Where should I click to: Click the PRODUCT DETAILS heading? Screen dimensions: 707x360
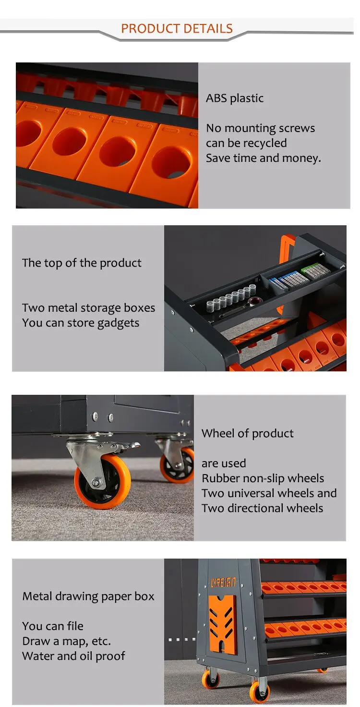(x=177, y=28)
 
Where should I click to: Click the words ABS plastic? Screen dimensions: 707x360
(x=235, y=98)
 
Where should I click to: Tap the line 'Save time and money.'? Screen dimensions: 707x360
(x=264, y=158)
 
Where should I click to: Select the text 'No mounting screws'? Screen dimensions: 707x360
(x=261, y=128)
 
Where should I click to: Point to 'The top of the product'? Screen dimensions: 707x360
(x=82, y=263)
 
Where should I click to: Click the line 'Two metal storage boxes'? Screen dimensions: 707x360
(x=89, y=308)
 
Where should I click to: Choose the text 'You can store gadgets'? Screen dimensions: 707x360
(x=81, y=323)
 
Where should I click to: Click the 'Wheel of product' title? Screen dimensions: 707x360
(x=248, y=433)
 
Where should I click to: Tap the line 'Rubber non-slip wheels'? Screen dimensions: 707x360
(x=263, y=478)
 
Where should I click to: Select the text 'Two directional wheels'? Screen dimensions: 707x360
(x=263, y=508)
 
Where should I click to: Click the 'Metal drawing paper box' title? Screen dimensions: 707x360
(x=88, y=597)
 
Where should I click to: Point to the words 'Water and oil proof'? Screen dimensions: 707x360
(x=73, y=656)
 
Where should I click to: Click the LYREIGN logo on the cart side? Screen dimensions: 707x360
(x=223, y=583)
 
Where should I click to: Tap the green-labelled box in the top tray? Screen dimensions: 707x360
(x=315, y=271)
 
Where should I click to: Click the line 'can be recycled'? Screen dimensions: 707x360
(x=246, y=143)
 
